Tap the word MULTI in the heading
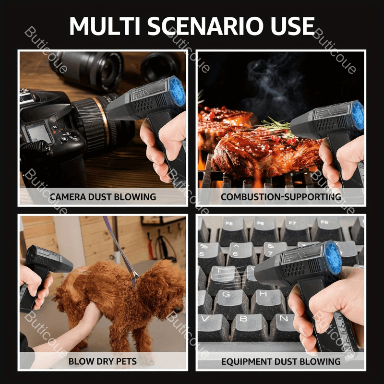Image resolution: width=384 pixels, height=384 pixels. (105, 26)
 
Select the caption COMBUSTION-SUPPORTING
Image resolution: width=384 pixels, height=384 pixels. (281, 197)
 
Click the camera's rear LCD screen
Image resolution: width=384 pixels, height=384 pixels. (39, 132)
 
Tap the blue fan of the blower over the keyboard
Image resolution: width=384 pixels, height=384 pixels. (333, 258)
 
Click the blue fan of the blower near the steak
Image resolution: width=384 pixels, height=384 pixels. (358, 115)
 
